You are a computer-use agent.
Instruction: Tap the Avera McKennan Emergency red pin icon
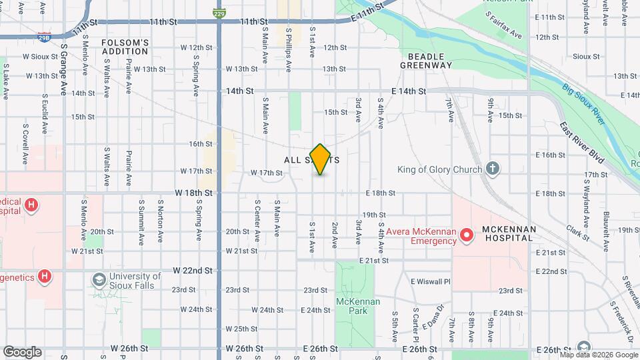click(468, 234)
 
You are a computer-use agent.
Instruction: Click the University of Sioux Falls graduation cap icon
click(99, 279)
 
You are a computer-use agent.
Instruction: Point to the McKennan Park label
click(358, 307)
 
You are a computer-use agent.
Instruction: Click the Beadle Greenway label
click(426, 60)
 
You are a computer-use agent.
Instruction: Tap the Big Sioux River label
click(583, 103)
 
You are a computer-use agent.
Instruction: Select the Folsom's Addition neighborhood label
click(125, 47)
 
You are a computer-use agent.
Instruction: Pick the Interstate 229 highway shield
click(219, 12)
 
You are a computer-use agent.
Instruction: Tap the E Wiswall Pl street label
click(430, 281)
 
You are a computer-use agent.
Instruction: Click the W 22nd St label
click(192, 271)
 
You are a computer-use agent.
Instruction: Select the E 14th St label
click(408, 91)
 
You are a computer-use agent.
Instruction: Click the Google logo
click(22, 351)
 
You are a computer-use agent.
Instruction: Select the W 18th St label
click(193, 193)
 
